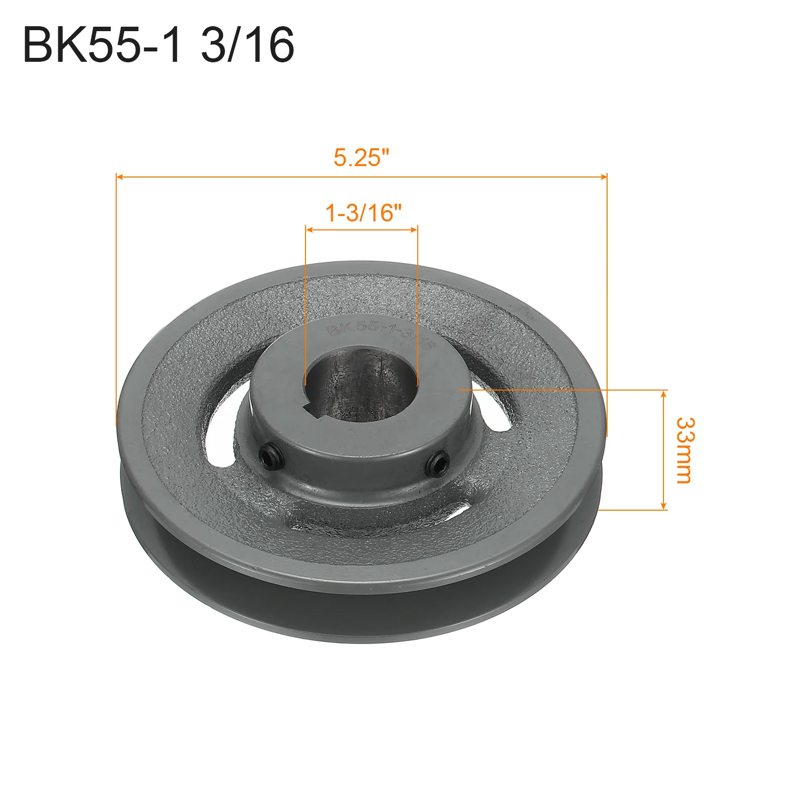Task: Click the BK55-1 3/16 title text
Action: coord(158,45)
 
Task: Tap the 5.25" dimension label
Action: coord(361,158)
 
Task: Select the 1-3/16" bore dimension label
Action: coord(363,213)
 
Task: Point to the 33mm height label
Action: coord(685,450)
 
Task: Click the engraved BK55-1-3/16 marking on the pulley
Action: coord(381,334)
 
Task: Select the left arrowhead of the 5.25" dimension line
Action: coord(119,176)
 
